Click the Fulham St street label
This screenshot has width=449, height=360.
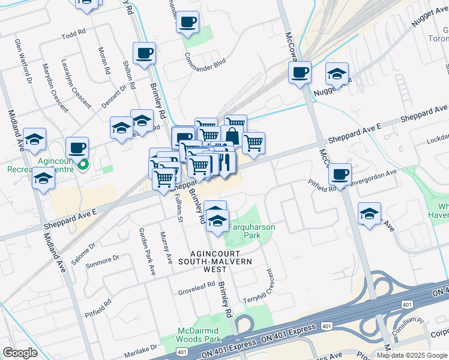click(x=177, y=207)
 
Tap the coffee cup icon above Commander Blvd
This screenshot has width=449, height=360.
click(x=187, y=23)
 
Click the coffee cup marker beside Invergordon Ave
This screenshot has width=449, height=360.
click(x=340, y=174)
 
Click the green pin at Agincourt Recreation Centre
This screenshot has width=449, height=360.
click(x=83, y=164)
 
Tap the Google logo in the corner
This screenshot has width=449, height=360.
click(x=20, y=353)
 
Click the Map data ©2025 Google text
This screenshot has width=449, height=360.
click(x=412, y=355)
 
